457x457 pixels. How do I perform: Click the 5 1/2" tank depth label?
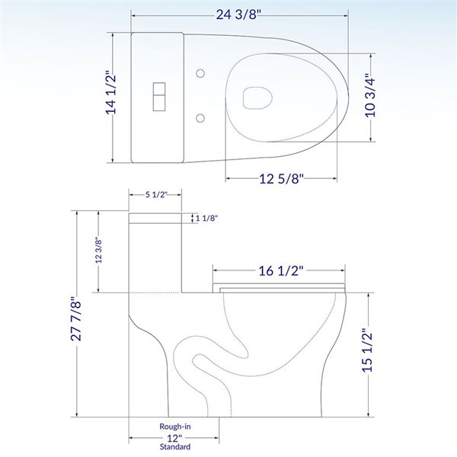click(x=158, y=195)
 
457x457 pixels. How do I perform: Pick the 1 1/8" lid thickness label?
click(x=207, y=219)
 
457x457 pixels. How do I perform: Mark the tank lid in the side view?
click(x=159, y=218)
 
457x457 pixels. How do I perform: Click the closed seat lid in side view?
click(x=280, y=287)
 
